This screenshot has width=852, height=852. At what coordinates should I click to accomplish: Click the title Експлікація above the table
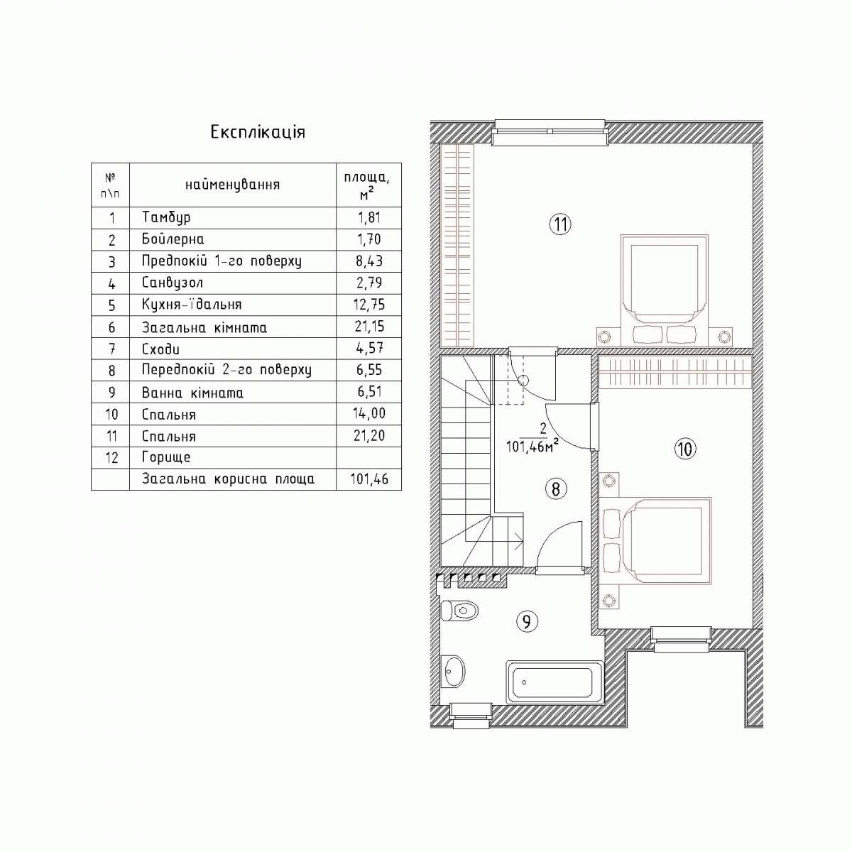(258, 133)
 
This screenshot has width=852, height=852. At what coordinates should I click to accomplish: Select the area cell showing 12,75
(370, 305)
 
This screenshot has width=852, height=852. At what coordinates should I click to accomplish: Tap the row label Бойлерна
(173, 239)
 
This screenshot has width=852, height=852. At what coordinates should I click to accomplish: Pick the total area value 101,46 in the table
(369, 479)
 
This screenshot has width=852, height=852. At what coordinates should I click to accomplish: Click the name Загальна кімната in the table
(204, 327)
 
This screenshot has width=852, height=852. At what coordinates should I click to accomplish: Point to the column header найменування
(233, 185)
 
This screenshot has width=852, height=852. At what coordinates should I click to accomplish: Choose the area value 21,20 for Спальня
(369, 435)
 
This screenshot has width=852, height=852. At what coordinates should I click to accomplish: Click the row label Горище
(166, 457)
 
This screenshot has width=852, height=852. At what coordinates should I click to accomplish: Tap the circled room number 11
(561, 224)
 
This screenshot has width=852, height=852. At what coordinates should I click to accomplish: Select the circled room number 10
(685, 449)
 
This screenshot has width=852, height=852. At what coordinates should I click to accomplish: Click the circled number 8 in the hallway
(556, 489)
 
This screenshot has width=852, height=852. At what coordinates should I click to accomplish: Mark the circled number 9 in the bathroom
(527, 622)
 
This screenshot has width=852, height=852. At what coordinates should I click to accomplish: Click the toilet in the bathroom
(460, 611)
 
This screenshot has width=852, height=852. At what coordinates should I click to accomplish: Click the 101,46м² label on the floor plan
(532, 447)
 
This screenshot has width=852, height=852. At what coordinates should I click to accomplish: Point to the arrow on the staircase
(518, 540)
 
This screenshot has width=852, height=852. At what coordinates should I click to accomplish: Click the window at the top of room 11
(550, 131)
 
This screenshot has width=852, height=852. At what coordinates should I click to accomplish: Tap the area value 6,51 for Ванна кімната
(369, 392)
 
